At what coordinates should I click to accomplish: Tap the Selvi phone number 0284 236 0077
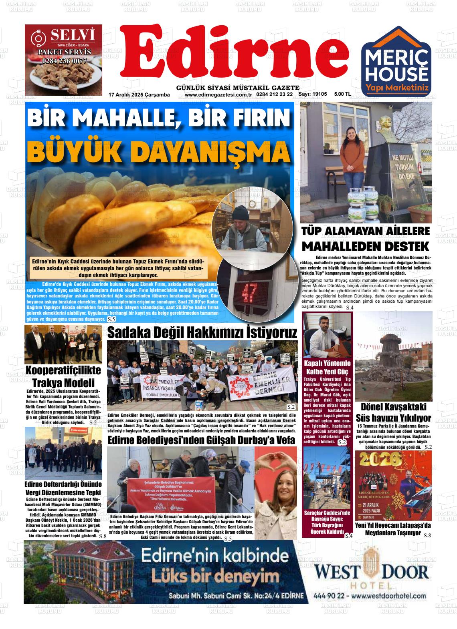(x=64, y=61)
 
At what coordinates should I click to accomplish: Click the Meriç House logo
(x=397, y=62)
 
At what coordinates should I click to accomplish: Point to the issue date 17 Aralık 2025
(x=139, y=95)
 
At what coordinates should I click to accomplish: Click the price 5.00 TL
(x=342, y=94)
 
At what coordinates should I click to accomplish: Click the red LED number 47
(x=245, y=294)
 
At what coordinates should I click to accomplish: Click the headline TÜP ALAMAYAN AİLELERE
(x=365, y=231)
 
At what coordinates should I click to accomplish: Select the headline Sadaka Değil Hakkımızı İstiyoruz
(x=202, y=333)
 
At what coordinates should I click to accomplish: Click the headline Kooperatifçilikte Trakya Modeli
(x=63, y=376)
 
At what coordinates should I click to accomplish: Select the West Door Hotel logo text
(x=371, y=572)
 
